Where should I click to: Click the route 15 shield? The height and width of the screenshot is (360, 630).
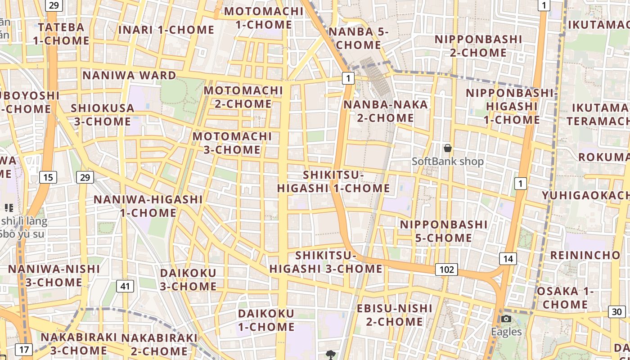pos(48,177)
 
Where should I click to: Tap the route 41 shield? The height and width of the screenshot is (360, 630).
pos(125,286)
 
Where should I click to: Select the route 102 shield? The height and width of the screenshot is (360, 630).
pos(446,270)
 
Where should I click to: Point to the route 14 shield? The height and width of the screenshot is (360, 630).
pos(508,258)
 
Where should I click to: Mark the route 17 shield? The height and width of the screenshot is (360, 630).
pos(24,349)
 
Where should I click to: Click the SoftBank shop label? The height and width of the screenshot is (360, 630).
pos(448,161)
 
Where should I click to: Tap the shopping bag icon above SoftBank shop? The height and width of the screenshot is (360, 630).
pos(448,148)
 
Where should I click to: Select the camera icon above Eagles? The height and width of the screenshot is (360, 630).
pos(506,319)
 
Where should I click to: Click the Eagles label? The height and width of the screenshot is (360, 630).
pos(506,332)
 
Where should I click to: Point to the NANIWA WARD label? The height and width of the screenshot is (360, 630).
pos(129,75)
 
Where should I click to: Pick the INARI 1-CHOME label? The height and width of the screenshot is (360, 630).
pos(166,30)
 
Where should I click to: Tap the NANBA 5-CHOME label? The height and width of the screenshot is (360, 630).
pos(358,38)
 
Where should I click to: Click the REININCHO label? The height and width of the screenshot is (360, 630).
pos(585,255)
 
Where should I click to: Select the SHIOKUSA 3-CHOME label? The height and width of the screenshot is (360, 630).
pos(103,115)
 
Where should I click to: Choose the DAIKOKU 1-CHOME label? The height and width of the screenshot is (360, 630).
pos(266,319)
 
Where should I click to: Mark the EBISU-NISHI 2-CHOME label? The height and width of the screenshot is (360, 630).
pos(394,315)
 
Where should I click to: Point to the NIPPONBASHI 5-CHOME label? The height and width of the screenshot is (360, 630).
pos(444,231)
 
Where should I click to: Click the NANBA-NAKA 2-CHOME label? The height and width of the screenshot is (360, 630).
pos(385,111)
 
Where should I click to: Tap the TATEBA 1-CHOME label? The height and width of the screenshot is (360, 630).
pos(61,34)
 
